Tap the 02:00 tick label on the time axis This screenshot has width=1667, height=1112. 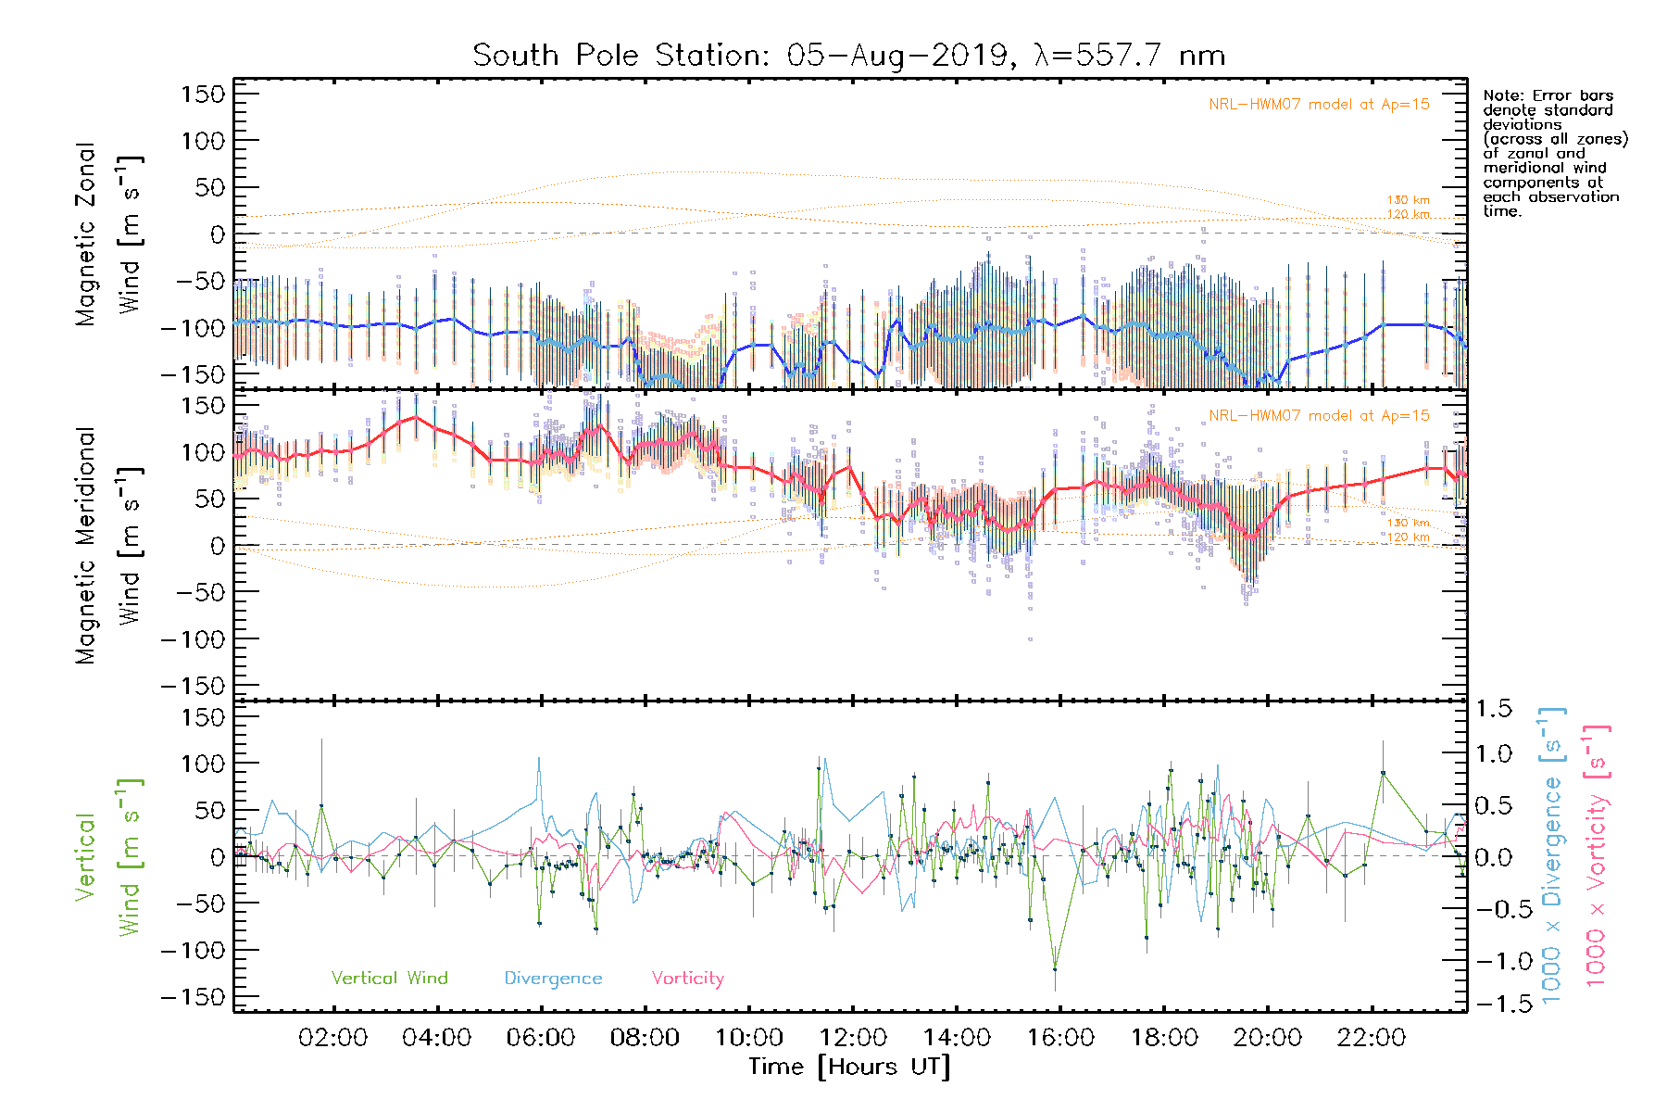click(332, 1038)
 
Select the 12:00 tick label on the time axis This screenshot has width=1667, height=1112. click(853, 1038)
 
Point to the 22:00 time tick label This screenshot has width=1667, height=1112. click(1372, 1038)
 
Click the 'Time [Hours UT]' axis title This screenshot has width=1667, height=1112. click(849, 1067)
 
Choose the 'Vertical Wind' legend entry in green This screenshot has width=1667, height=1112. click(389, 979)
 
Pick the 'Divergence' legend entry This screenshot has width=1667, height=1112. click(553, 979)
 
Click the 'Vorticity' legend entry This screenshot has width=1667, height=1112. click(687, 979)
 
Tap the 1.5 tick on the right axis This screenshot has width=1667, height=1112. click(1493, 709)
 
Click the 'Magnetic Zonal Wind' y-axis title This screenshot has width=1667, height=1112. click(108, 234)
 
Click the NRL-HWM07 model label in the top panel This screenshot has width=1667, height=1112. click(1319, 105)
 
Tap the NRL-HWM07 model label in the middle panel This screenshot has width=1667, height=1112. click(1319, 416)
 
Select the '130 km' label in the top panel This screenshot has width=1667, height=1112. click(1408, 200)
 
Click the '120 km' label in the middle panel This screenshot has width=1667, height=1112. click(1408, 537)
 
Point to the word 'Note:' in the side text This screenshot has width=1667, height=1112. click(1502, 95)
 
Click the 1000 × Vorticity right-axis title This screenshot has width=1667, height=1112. click(1597, 855)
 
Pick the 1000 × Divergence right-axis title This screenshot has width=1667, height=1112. click(1553, 855)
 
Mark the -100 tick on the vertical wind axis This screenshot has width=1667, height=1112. click(193, 951)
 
